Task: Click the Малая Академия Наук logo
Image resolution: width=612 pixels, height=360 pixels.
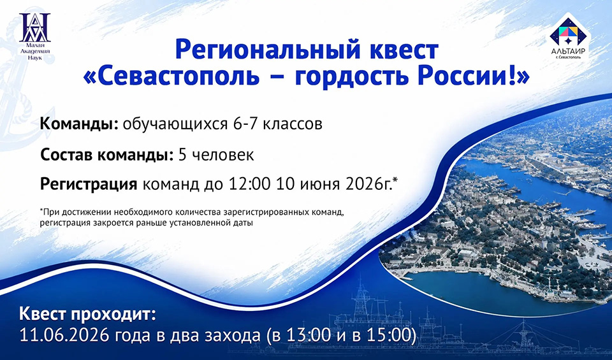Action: tap(34, 37)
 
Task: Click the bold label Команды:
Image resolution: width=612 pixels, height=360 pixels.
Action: tap(79, 124)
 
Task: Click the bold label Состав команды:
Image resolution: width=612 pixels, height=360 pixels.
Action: tap(106, 155)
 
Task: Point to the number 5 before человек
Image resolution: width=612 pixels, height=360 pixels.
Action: tap(183, 155)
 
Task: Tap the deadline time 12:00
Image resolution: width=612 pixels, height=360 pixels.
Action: tap(249, 184)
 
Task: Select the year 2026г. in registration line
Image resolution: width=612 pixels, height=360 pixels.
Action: tap(371, 184)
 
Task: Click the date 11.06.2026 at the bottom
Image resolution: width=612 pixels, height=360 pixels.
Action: tap(64, 335)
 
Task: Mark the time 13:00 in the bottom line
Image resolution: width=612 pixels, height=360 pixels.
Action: tap(309, 335)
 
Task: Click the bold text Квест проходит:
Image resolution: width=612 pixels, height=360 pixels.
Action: tap(87, 314)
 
